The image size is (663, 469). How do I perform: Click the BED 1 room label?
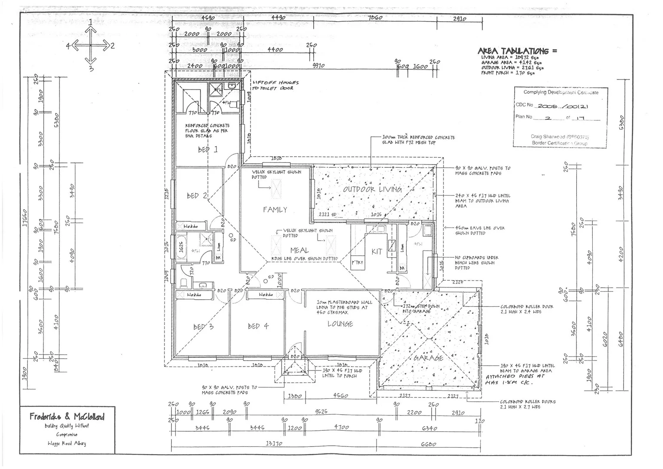point(208,150)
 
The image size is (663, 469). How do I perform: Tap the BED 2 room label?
point(197,196)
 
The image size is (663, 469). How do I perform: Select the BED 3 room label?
point(203,327)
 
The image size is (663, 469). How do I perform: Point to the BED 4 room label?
point(258,326)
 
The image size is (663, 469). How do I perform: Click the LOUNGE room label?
point(340,324)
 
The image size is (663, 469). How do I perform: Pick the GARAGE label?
point(428,358)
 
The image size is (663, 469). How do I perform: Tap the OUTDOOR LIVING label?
point(372,189)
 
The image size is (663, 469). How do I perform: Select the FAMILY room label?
point(275,210)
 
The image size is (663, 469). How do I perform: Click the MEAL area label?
point(299,251)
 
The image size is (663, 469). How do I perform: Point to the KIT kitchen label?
point(377,251)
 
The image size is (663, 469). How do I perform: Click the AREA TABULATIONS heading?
point(517,51)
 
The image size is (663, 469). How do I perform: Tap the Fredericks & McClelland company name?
point(67,417)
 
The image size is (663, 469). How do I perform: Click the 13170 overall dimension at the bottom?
point(274,444)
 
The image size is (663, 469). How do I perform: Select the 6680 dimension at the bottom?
point(428,444)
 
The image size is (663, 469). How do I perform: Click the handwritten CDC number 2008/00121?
point(563,106)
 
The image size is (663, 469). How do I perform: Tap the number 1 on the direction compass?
point(90,21)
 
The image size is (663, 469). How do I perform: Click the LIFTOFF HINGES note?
point(276,83)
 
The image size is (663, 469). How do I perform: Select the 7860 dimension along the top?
point(374,18)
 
